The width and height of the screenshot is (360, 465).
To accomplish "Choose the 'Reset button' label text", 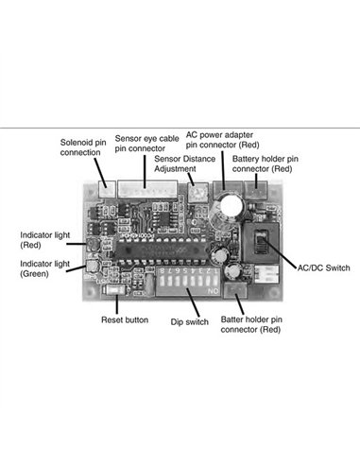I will pos(124,320).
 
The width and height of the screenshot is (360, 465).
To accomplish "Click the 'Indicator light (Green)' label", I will pos(42,267).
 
